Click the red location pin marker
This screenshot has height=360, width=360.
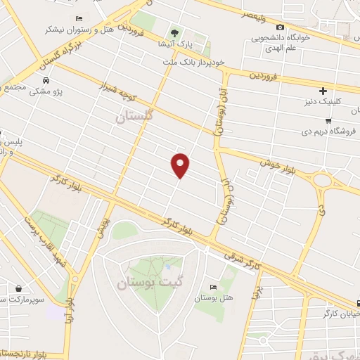point(181,165)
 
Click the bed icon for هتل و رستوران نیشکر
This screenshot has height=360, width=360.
point(79,19)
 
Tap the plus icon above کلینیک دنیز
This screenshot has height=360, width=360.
point(323,91)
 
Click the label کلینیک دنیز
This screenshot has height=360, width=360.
point(327,102)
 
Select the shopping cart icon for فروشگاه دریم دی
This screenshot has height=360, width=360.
point(328,120)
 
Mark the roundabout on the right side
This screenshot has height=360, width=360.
point(324,181)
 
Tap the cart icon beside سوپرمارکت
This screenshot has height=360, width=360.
point(18,288)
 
